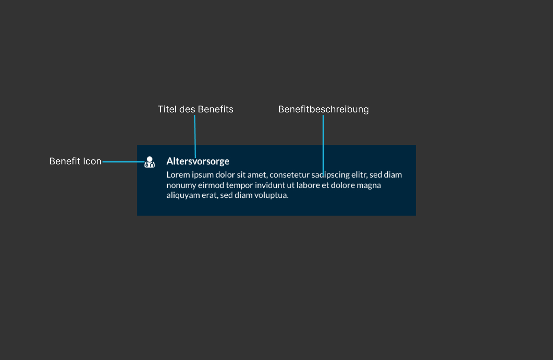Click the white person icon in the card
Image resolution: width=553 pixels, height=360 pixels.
[x=150, y=162]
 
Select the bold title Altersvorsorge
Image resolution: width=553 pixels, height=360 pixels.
[x=198, y=161]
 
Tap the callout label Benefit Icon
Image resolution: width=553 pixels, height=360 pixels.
[x=75, y=161]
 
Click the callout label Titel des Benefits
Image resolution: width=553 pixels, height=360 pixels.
[x=195, y=109]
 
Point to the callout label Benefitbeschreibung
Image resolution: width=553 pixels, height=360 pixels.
[x=323, y=109]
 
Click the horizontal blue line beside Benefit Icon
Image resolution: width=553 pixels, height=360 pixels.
[x=123, y=162]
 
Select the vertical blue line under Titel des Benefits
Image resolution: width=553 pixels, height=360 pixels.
[x=195, y=136]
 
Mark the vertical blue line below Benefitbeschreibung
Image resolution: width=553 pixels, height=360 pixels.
[x=323, y=146]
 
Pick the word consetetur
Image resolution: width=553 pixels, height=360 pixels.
[x=289, y=175]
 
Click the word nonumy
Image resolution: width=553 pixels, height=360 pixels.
[x=182, y=186]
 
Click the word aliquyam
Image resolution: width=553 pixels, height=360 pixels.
[x=183, y=196]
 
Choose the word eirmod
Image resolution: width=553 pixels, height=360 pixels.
[x=211, y=185]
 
